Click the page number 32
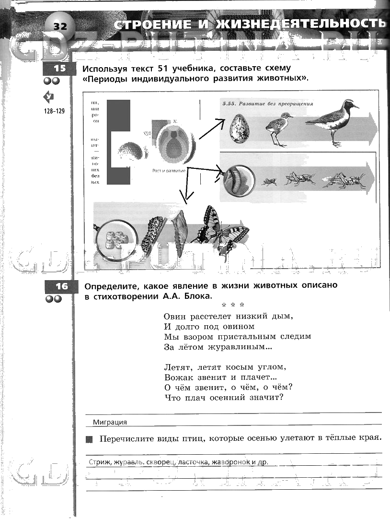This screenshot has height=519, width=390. [60, 26]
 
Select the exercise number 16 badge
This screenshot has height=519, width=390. [61, 287]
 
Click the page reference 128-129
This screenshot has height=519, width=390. [54, 111]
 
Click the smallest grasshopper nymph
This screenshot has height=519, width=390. [269, 182]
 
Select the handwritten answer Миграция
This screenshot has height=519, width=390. [110, 422]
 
